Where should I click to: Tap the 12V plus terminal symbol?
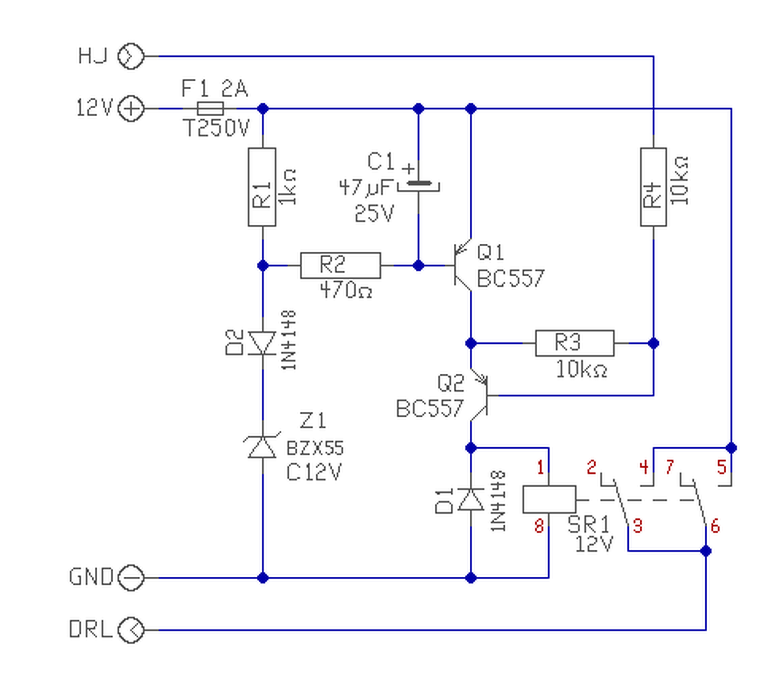[131, 109]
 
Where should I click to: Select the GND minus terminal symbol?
[131, 578]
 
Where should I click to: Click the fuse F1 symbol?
[210, 109]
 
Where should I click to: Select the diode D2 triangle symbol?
[262, 343]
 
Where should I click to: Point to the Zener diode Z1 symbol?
[262, 446]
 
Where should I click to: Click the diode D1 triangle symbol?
[471, 500]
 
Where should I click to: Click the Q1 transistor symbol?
[463, 265]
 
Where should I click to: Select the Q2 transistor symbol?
[479, 395]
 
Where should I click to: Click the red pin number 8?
[539, 525]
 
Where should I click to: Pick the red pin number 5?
[722, 467]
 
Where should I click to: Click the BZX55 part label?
[315, 448]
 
